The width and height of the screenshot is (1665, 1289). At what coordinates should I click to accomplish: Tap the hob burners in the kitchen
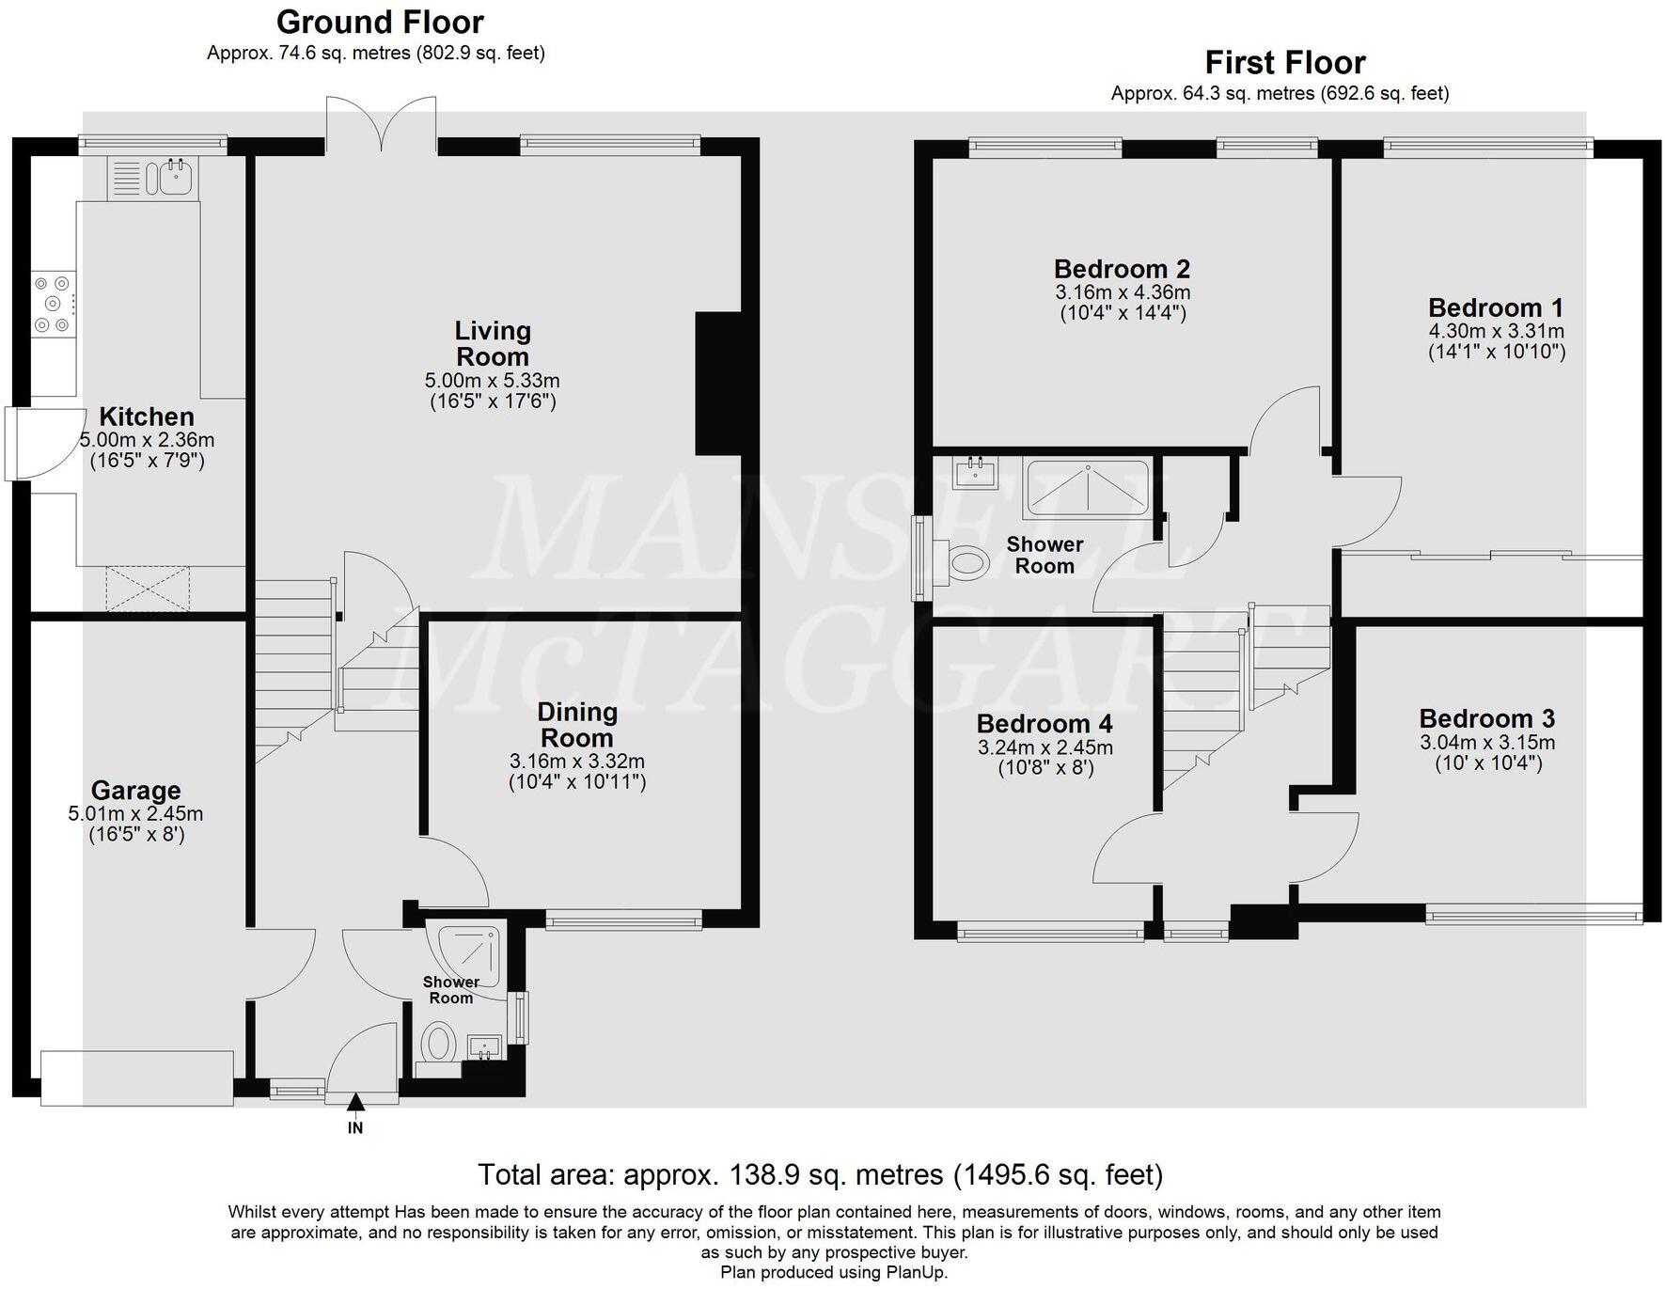[52, 303]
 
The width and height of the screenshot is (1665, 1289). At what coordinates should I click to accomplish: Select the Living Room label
[493, 344]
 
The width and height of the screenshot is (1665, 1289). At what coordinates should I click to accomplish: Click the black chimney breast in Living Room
[717, 384]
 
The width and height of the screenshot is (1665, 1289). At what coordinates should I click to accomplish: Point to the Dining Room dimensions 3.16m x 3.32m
[576, 762]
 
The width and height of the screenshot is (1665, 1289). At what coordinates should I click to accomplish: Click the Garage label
[135, 791]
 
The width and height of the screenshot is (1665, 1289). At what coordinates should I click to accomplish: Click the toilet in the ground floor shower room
[438, 1044]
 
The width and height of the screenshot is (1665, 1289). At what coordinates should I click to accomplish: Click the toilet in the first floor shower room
[968, 564]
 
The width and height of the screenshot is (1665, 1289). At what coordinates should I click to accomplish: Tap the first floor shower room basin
[974, 471]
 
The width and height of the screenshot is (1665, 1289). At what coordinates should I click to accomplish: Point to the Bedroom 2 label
[1122, 269]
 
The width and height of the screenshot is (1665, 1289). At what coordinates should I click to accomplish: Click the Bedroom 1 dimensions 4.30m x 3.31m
[1496, 331]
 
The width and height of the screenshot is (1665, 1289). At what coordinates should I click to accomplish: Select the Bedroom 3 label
[1486, 719]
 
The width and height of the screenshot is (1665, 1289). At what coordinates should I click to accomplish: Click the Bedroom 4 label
[1044, 724]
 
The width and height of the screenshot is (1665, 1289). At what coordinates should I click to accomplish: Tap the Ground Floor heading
[380, 22]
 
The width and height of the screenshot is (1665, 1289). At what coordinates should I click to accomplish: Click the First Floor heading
[1284, 63]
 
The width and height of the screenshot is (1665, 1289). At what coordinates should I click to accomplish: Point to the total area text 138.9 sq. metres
[820, 1175]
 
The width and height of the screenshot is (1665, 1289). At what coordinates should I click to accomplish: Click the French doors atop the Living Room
[381, 122]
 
